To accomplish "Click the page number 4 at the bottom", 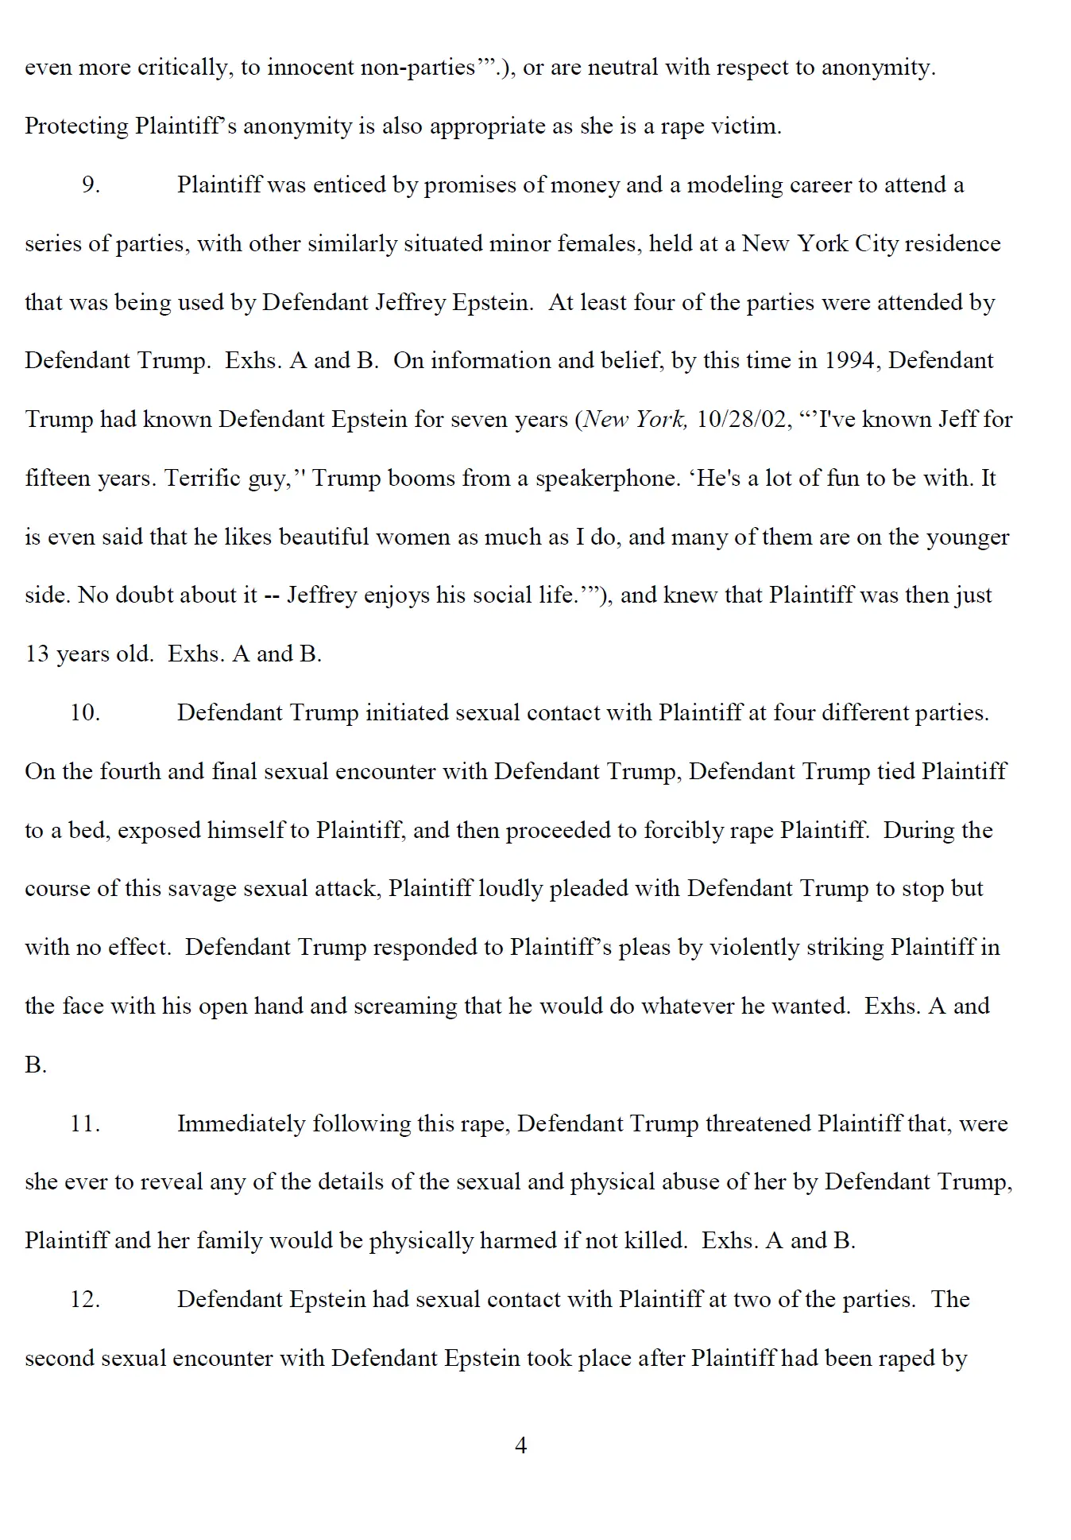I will [521, 1445].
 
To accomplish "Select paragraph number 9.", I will [91, 184].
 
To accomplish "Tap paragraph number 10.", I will [85, 712].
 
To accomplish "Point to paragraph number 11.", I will [85, 1123].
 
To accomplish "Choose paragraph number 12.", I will [85, 1299].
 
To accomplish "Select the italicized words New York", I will [633, 419].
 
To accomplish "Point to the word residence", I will [952, 243].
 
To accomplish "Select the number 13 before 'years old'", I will [37, 654].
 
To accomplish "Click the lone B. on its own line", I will [36, 1065].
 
